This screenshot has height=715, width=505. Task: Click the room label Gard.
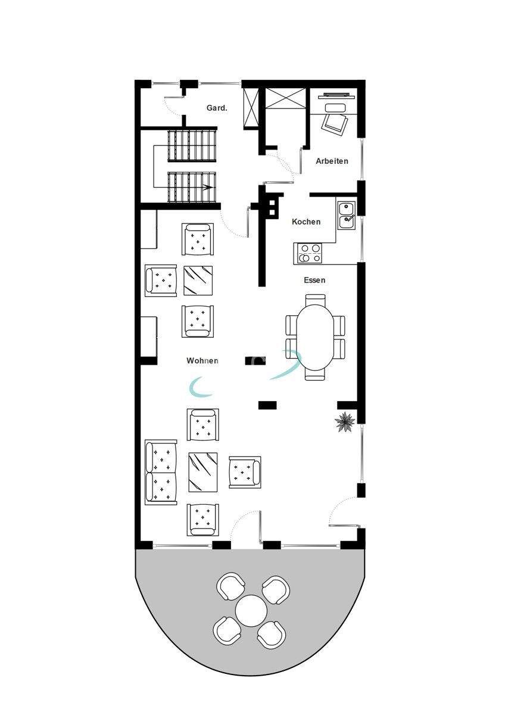216,108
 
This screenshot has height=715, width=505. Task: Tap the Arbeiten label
332,161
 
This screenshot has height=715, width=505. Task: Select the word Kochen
306,222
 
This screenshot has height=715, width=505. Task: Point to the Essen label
314,279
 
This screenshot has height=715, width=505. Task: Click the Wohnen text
202,360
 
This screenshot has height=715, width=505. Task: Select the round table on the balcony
251,610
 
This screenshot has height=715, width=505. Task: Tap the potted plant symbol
345,422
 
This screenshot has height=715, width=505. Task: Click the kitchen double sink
346,215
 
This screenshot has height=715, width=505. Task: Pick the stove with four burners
310,253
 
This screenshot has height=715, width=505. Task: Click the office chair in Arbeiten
335,123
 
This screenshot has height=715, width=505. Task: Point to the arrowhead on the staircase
208,187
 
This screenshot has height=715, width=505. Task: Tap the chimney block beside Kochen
272,206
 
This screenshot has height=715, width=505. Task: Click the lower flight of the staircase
191,186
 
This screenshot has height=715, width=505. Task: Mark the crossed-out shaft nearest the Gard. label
251,108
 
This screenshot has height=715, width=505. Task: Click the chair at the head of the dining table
315,299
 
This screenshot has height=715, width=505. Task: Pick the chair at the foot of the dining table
315,375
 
